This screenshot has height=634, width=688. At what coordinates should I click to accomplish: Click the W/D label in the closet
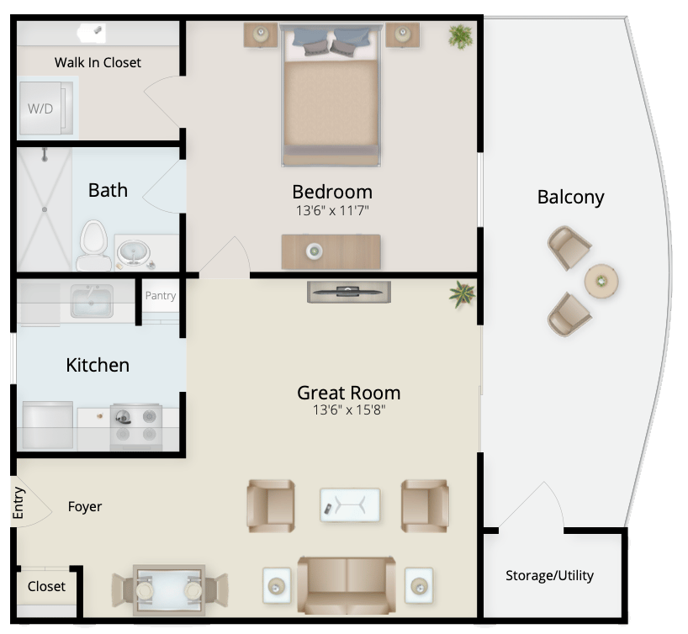40,108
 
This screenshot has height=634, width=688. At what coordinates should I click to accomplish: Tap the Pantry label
161,296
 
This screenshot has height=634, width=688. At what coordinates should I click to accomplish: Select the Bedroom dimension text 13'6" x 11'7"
332,210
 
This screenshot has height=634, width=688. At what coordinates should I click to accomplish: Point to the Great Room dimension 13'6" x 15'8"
349,409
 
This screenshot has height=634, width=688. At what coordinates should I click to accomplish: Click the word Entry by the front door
19,503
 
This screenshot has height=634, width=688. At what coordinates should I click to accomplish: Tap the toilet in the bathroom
93,246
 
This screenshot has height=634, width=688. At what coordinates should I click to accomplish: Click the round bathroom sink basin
134,254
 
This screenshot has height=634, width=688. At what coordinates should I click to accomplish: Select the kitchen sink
92,301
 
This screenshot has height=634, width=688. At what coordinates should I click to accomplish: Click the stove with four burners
136,427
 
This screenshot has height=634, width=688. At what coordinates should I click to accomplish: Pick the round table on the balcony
601,281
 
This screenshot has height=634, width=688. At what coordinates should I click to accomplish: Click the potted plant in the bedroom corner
460,36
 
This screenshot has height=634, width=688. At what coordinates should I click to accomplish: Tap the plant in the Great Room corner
462,294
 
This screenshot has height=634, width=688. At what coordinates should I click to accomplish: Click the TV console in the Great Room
349,293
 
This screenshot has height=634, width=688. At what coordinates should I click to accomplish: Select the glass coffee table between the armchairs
350,505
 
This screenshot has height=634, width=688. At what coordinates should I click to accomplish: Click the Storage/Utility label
549,575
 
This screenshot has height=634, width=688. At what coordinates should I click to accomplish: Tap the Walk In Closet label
98,63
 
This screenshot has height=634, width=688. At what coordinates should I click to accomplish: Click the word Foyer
85,507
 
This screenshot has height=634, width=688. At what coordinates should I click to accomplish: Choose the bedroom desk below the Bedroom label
331,251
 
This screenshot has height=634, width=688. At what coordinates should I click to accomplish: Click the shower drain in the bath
45,209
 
